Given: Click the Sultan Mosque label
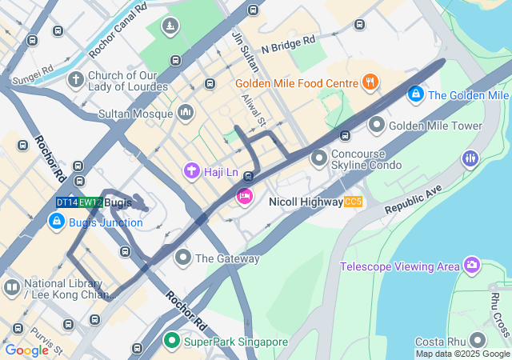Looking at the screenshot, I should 137,114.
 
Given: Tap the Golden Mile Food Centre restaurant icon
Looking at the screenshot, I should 369,81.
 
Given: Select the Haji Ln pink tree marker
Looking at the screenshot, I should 191,170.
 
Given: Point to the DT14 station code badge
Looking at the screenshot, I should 66,203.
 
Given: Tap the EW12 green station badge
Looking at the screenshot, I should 90,203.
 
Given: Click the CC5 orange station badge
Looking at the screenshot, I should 354,202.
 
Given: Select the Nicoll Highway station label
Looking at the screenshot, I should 306,202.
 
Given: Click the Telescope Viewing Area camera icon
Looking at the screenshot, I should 472,265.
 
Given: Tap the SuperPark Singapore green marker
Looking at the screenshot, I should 171,342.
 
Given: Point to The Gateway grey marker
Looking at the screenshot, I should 183,258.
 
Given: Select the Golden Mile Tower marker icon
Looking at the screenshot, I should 376,126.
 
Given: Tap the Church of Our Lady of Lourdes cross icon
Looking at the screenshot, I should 76,80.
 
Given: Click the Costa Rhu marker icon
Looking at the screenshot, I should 477,341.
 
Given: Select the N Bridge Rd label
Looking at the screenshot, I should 288,39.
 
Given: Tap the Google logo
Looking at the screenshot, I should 26,350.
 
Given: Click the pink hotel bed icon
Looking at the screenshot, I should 244,196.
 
